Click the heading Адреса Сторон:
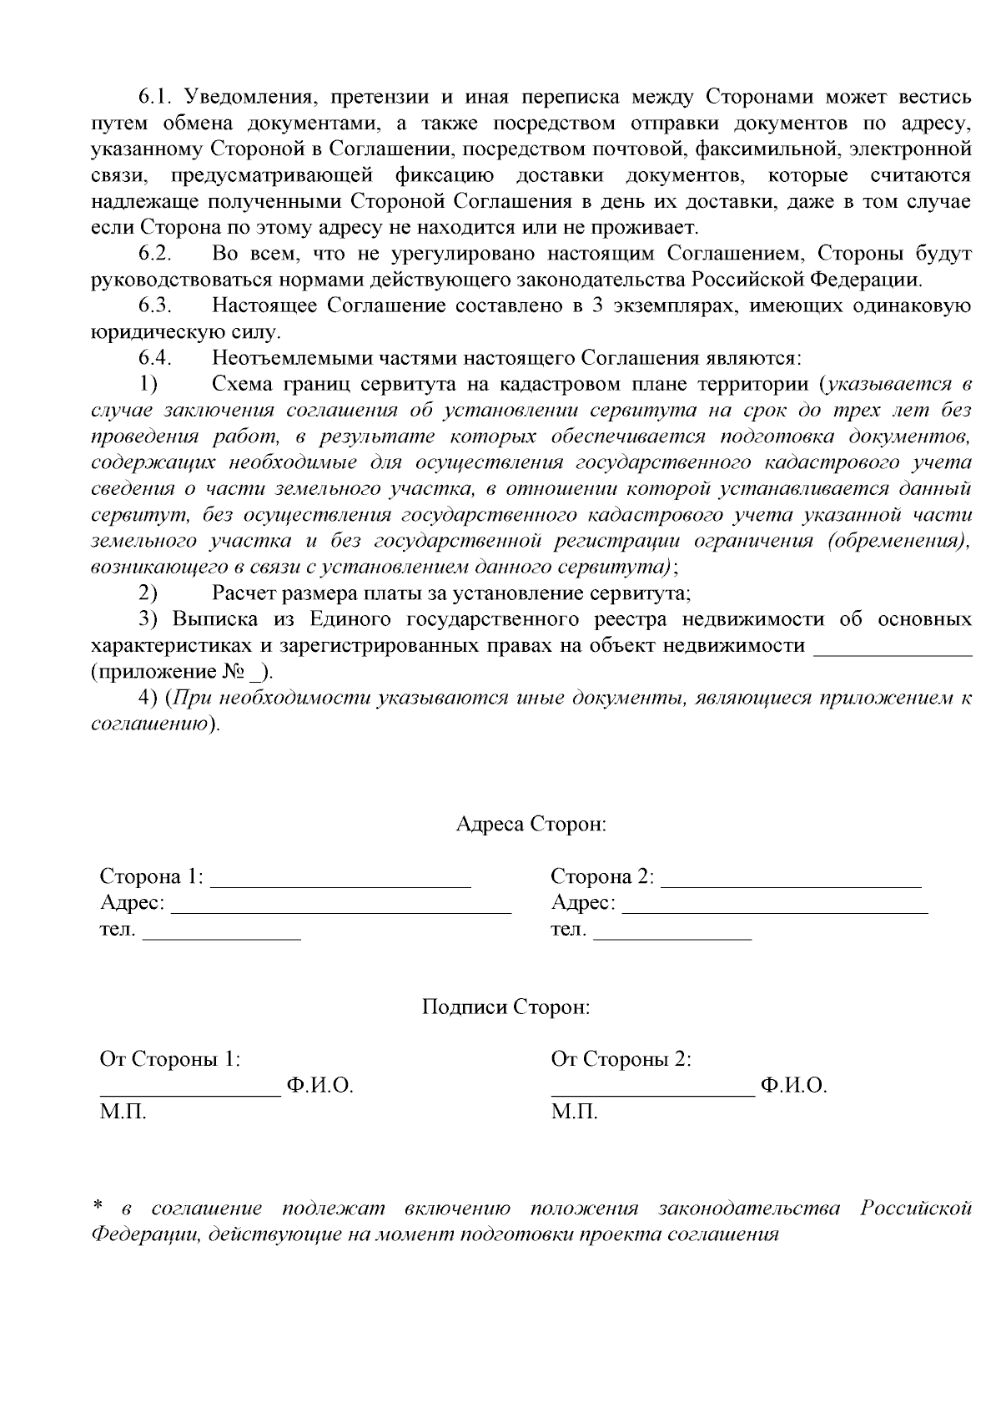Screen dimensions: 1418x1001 [x=531, y=825]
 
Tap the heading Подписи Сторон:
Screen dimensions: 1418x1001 [x=506, y=1007]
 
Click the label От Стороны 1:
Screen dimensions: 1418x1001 [x=170, y=1059]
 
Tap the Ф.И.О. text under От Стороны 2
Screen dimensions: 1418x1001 [x=793, y=1086]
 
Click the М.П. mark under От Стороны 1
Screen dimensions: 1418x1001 [x=123, y=1113]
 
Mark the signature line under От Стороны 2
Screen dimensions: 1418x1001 [x=652, y=1090]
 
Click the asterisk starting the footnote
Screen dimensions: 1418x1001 [x=98, y=1206]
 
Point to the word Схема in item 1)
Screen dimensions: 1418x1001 [x=241, y=384]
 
